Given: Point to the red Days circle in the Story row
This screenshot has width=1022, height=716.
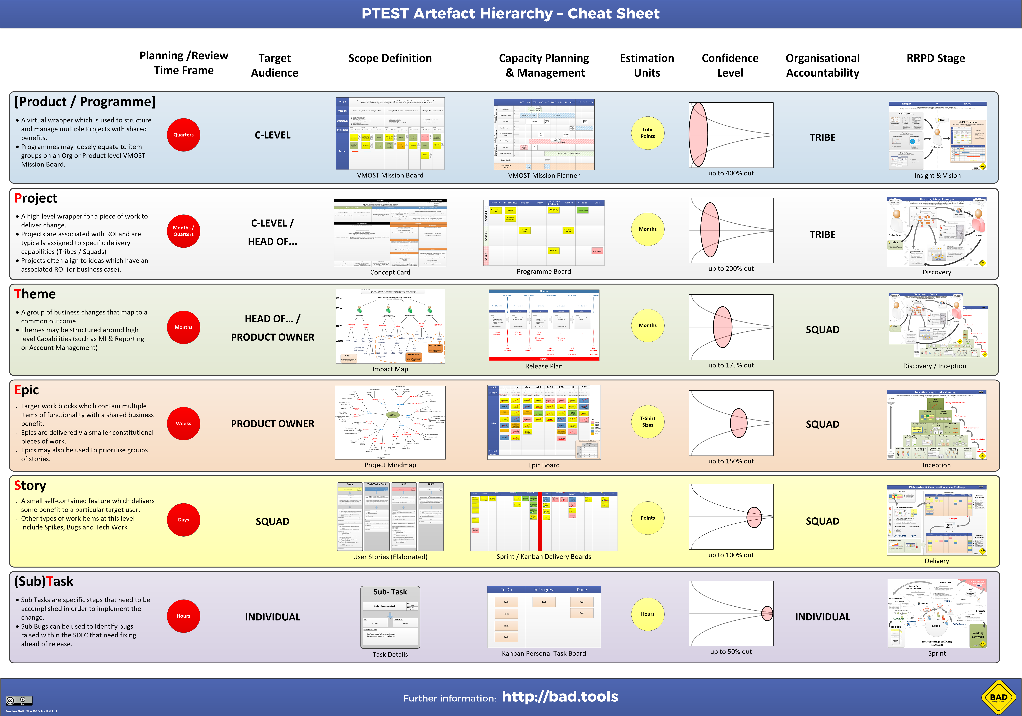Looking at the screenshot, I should point(183,520).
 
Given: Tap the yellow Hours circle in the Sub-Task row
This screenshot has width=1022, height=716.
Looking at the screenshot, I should point(648,614).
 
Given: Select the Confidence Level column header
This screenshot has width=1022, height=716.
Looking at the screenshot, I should point(730,65).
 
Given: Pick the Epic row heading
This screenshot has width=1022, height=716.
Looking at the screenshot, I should point(27,390).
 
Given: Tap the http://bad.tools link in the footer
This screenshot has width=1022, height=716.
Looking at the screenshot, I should point(560,696).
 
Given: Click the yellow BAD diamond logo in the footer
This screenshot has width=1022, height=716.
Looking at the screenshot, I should point(998,697).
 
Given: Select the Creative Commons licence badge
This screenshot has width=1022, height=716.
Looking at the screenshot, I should point(19,700).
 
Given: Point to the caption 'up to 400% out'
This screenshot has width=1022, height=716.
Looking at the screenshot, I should point(731,173).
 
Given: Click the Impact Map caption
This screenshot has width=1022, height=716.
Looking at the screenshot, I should point(390,369).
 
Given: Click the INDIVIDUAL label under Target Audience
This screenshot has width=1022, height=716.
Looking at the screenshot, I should point(272,617).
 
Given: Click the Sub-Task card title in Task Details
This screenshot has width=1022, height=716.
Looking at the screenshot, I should point(390,592).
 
